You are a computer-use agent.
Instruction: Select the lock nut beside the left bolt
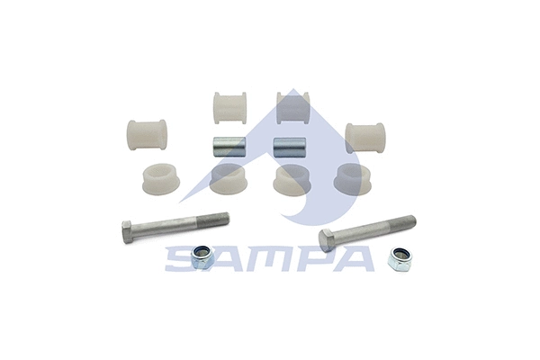(x=202, y=258)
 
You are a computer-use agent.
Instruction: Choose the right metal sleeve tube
(x=288, y=146)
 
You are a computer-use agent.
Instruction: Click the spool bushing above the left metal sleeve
(x=230, y=106)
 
